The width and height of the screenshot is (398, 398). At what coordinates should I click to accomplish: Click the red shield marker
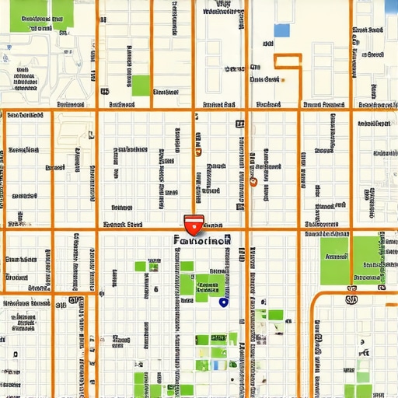(x=193, y=225)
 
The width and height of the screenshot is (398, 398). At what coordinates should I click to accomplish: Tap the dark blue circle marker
(x=224, y=302)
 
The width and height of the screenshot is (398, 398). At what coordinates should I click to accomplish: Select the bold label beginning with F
(x=202, y=241)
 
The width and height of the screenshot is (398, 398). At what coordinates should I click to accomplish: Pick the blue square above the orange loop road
(x=281, y=31)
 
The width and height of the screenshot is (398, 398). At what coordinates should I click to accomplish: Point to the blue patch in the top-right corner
(x=391, y=7)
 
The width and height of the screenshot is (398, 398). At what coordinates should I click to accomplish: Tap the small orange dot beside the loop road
(x=283, y=79)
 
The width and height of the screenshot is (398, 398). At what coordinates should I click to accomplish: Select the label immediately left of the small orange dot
(x=264, y=79)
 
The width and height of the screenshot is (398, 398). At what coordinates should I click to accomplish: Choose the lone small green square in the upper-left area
(x=141, y=86)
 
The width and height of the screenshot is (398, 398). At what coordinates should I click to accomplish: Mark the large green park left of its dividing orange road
(x=335, y=260)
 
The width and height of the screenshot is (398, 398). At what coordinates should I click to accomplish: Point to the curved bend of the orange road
(x=316, y=298)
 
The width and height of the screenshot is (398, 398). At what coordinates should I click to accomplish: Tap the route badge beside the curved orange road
(x=351, y=298)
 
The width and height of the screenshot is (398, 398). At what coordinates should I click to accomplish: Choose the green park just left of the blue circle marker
(x=208, y=286)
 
